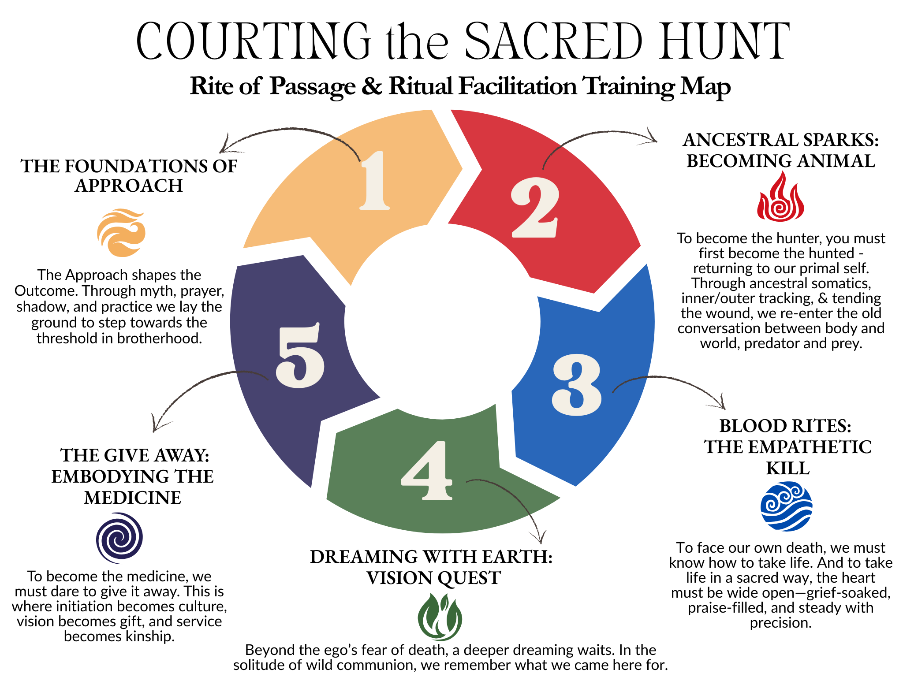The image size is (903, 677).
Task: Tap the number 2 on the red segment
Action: pyautogui.click(x=535, y=207)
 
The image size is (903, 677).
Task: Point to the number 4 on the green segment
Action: pyautogui.click(x=426, y=471)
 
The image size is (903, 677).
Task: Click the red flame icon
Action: pyautogui.click(x=780, y=197)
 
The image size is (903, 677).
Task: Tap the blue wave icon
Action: pyautogui.click(x=786, y=506)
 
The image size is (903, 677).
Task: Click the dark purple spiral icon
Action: pyautogui.click(x=119, y=538)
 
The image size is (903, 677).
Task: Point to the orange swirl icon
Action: pyautogui.click(x=121, y=233)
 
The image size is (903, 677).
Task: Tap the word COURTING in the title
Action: pyautogui.click(x=254, y=41)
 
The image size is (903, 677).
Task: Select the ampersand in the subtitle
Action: pyautogui.click(x=372, y=86)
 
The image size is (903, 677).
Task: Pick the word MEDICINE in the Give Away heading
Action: pyautogui.click(x=133, y=498)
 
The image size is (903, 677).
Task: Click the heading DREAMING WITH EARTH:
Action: pyautogui.click(x=431, y=557)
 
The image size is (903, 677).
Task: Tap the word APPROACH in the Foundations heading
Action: pyautogui.click(x=129, y=186)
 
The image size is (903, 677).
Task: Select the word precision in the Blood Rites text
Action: pyautogui.click(x=780, y=623)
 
